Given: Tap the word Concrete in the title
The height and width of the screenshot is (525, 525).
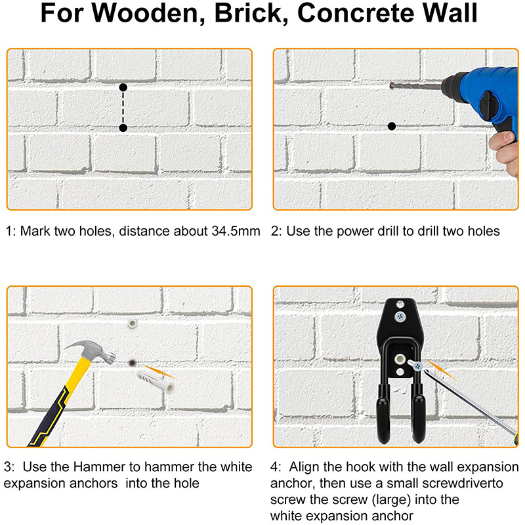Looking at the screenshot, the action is [x=356, y=13].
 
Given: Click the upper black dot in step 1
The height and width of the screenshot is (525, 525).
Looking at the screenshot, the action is [x=123, y=87].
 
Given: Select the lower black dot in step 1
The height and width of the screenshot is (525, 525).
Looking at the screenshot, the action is [x=123, y=127].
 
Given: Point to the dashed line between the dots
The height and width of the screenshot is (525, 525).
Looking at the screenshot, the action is [x=123, y=108].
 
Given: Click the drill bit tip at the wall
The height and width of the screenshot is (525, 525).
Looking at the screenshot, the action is [x=391, y=85].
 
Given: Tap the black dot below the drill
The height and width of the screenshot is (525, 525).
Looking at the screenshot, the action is [x=392, y=126].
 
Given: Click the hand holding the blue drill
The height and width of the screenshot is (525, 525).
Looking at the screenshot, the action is [x=505, y=152].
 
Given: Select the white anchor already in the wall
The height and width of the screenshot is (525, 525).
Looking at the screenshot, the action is [x=133, y=324].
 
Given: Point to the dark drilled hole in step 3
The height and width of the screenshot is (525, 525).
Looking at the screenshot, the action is [x=133, y=362].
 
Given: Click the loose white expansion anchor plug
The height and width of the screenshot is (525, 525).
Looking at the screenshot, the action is [x=156, y=382].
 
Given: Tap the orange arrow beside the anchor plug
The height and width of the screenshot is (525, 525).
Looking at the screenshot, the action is [x=159, y=372].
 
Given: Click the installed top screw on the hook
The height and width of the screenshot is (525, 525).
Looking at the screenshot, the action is [x=400, y=316].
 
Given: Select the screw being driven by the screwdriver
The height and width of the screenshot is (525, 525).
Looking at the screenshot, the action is [x=415, y=366].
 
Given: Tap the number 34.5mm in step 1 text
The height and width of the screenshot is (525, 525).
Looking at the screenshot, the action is [x=236, y=231].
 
